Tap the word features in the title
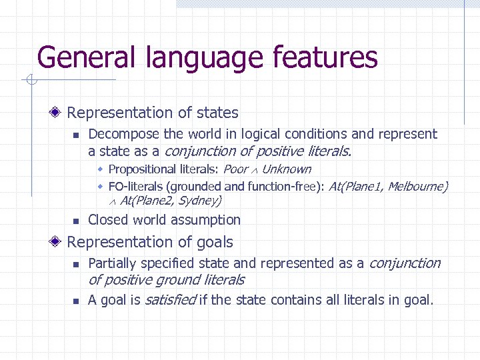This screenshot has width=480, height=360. (324, 57)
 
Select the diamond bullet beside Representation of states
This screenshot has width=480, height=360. (59, 113)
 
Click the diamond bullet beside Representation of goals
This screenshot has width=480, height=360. (59, 242)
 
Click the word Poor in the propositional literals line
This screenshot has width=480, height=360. (235, 169)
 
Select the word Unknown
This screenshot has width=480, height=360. (286, 169)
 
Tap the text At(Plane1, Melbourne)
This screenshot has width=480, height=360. (388, 186)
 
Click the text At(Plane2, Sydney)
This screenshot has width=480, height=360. (171, 200)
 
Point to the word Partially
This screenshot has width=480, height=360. (113, 263)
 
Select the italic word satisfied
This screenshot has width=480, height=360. (169, 300)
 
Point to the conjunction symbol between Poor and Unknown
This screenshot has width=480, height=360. (255, 170)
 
